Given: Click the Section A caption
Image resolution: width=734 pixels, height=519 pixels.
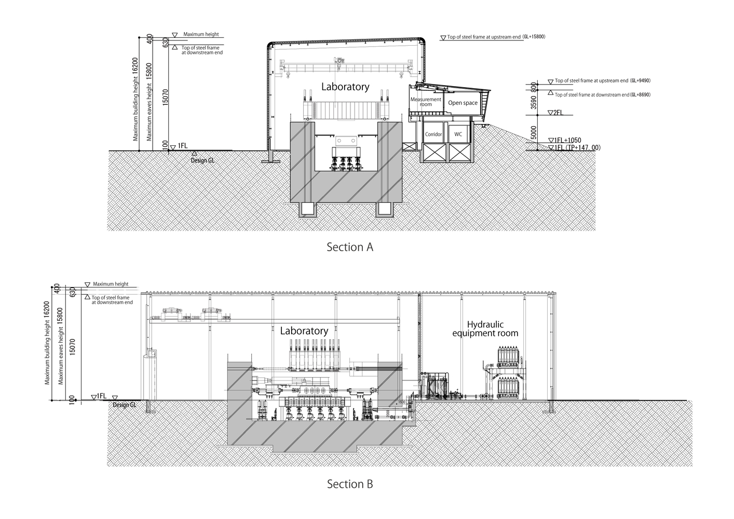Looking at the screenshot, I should (349, 247).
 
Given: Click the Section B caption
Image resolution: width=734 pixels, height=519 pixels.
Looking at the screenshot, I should (349, 484).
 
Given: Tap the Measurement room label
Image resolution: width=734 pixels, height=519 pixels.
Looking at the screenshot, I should (426, 102).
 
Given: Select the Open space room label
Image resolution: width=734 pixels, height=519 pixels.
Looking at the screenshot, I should (463, 103).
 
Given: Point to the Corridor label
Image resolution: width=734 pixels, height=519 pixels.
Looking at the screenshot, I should (433, 134).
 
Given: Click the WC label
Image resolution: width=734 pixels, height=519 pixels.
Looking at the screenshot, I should (458, 134).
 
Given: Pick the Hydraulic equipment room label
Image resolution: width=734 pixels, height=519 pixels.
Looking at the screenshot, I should (485, 329).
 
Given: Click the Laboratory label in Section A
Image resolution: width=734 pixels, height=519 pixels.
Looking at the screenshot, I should (345, 87).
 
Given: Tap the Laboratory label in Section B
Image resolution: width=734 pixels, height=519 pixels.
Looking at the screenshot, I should (304, 331).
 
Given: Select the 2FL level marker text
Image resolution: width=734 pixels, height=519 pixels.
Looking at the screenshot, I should (558, 113).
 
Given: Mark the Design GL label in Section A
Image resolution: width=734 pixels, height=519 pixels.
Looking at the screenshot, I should (202, 160).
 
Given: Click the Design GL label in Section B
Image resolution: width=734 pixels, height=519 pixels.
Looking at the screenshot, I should (124, 405).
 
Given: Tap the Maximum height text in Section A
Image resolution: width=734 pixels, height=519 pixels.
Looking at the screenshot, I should (201, 34).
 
